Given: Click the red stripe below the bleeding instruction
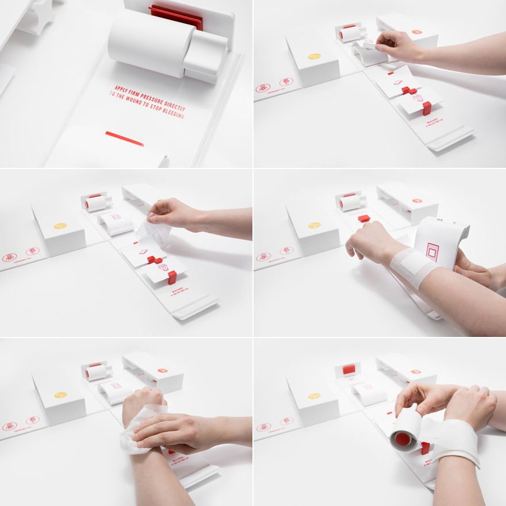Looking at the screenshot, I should (124, 139).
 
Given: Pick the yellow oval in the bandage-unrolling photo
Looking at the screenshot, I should (314, 396).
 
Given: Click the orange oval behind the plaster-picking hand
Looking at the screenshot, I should (417, 32).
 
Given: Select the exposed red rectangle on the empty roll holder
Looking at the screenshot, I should (349, 369).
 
